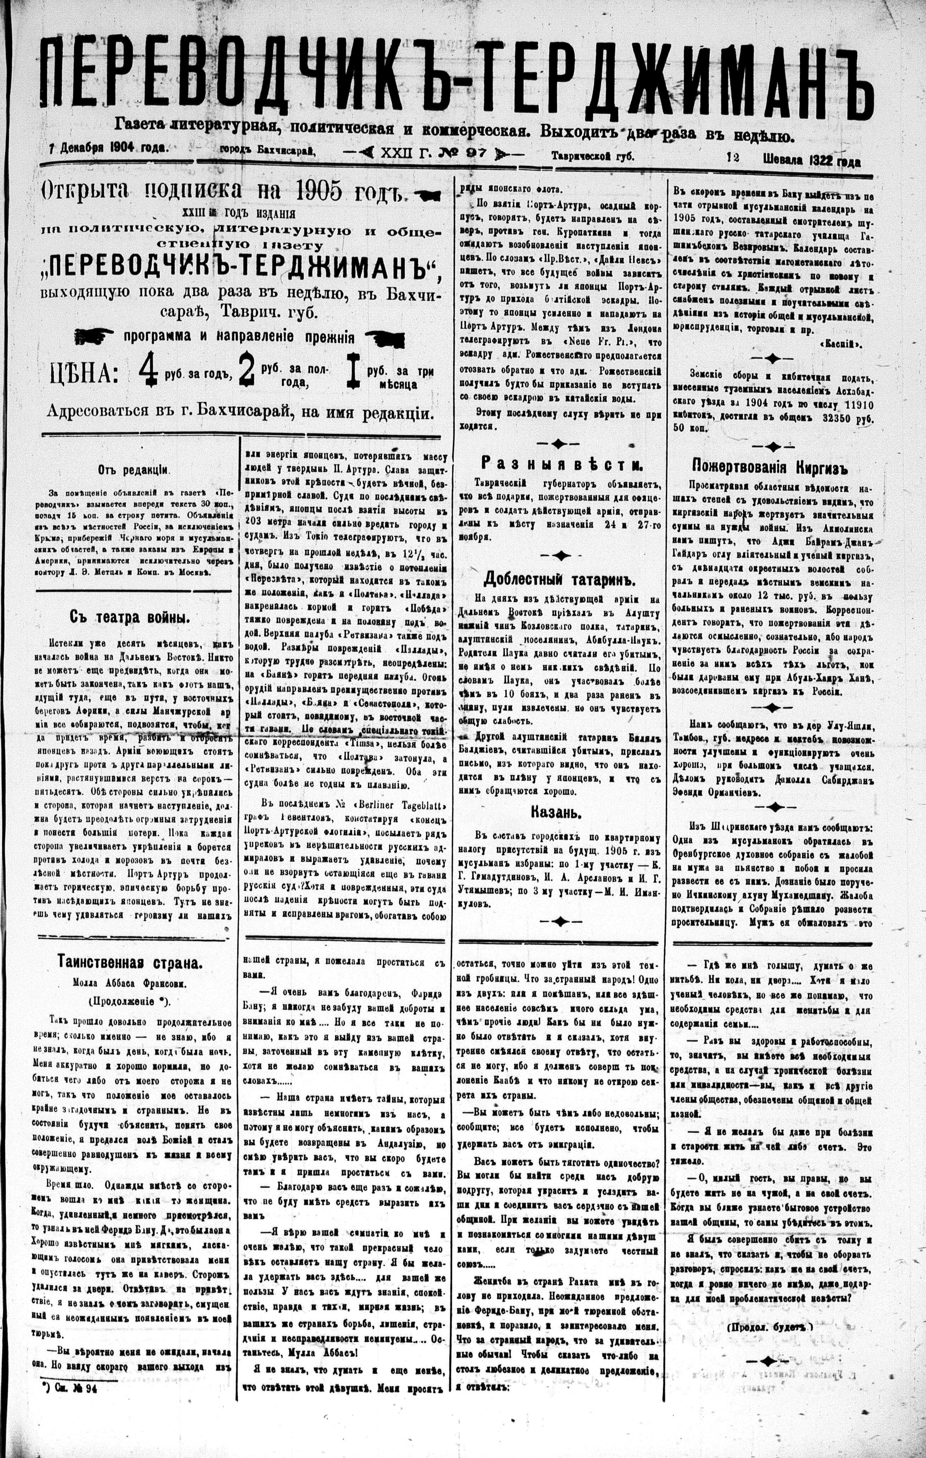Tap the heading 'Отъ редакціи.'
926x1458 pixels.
[x=133, y=469]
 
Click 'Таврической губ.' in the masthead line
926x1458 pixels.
[x=592, y=156]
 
